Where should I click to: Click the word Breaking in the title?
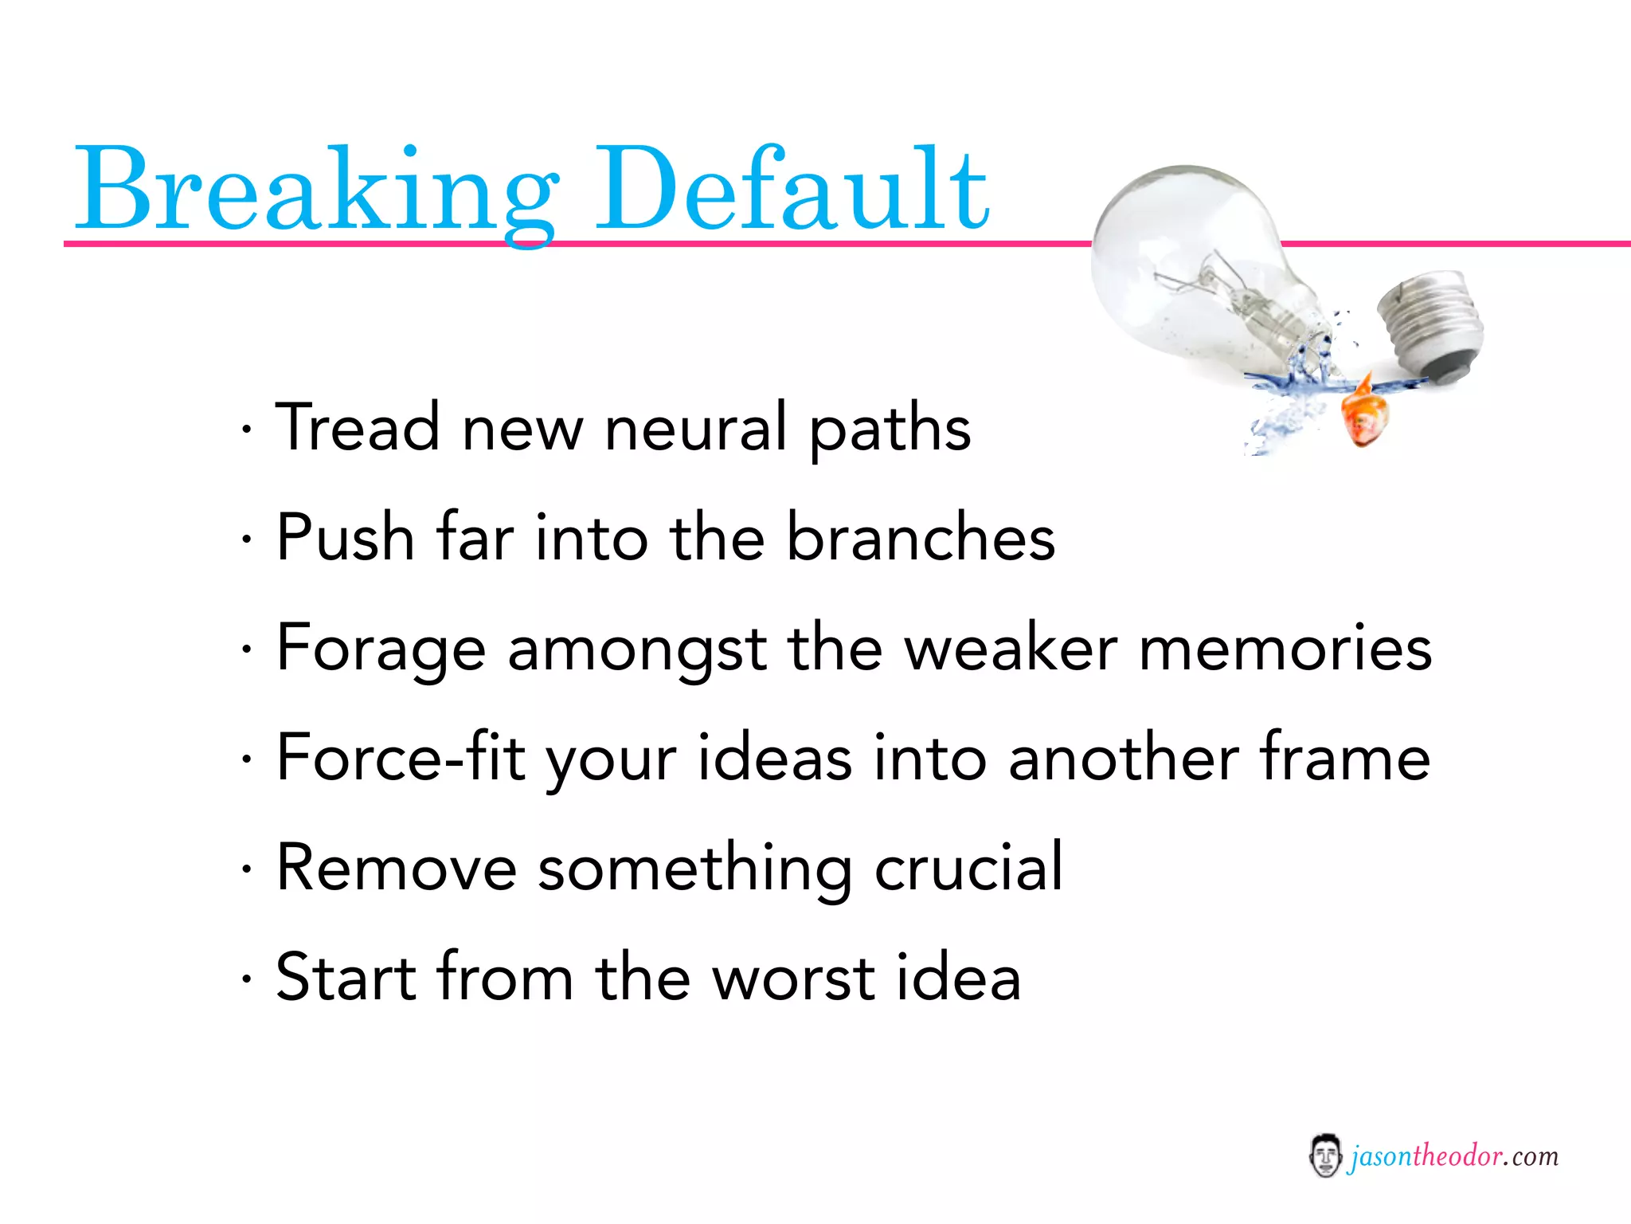[x=315, y=191]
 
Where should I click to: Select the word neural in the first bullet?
[x=695, y=428]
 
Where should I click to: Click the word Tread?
[x=358, y=428]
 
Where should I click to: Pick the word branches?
[x=921, y=537]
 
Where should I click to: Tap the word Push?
[x=345, y=537]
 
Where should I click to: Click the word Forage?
[x=381, y=649]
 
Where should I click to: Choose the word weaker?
[x=1011, y=649]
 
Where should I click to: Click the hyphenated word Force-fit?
[x=400, y=757]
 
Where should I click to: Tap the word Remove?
[x=396, y=867]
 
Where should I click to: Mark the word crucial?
[x=968, y=867]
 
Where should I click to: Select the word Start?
[x=345, y=977]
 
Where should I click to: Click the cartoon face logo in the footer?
[x=1324, y=1155]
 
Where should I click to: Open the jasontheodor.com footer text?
[x=1453, y=1155]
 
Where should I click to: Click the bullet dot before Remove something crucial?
[x=248, y=869]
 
